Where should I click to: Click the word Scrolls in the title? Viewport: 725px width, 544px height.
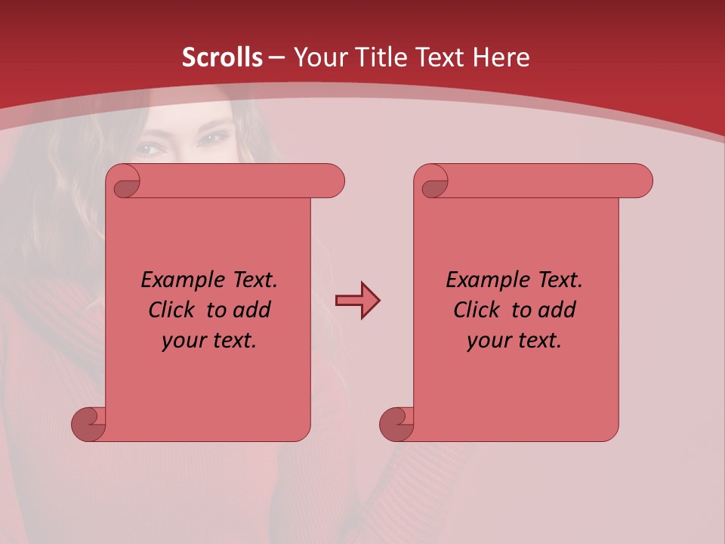(x=222, y=57)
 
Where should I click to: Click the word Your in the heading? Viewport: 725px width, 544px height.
(x=319, y=57)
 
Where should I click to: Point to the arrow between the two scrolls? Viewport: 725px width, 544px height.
(x=357, y=301)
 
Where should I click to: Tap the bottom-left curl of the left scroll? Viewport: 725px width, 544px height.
(x=90, y=424)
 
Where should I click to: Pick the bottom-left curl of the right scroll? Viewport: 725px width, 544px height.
(x=398, y=424)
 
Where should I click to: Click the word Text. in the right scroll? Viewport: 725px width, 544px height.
(x=560, y=280)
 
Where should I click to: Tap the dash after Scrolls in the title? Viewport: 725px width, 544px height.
(x=276, y=57)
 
